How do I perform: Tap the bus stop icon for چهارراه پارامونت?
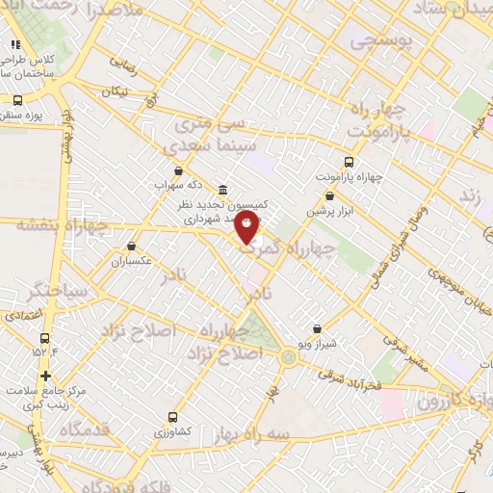tap(349, 163)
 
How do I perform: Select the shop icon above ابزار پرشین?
tap(329, 195)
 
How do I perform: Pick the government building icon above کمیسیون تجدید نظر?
tap(223, 189)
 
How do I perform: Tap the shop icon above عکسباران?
tap(131, 246)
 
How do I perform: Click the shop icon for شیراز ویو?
tap(317, 328)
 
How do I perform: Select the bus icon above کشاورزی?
tap(172, 417)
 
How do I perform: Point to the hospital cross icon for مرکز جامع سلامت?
tap(45, 376)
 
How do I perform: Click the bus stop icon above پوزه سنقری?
tap(18, 99)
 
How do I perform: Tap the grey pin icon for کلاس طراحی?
tap(15, 44)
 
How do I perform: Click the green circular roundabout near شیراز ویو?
tap(289, 359)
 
